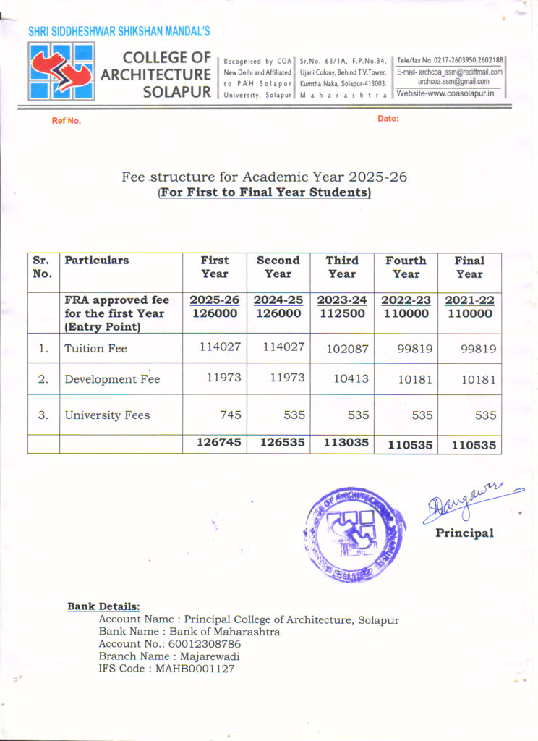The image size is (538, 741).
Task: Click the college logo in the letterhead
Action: tap(61, 71)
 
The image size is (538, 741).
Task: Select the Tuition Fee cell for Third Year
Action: tap(341, 348)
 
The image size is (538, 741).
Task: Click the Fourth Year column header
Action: tap(406, 267)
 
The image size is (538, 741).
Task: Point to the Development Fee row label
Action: tap(112, 379)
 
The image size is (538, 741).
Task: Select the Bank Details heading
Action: tap(104, 606)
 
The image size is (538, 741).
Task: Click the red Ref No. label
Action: tap(66, 121)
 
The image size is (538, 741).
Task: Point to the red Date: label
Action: tap(388, 118)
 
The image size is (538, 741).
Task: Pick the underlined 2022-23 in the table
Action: tap(406, 300)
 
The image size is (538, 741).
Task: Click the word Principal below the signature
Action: tap(464, 533)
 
